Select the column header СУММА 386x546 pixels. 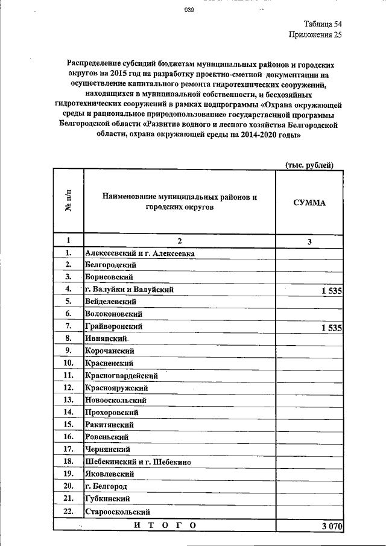tap(309, 203)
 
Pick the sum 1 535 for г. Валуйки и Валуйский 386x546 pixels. tap(331, 291)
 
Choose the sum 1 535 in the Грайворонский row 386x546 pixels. tap(331, 328)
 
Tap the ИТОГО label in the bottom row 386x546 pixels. tap(164, 525)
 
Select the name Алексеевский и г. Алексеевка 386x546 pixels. tap(139, 253)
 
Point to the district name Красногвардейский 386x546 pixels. tap(121, 375)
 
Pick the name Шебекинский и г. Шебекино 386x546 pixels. tap(138, 462)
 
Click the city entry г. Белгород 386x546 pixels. tap(106, 486)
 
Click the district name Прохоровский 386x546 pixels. tap(112, 413)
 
